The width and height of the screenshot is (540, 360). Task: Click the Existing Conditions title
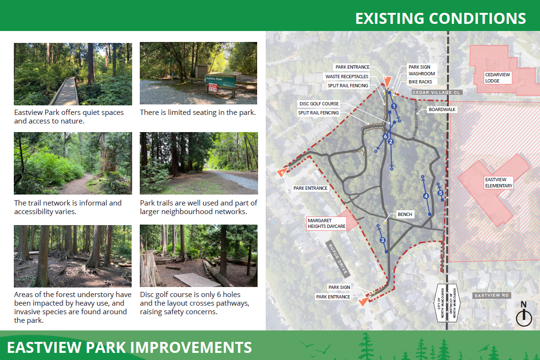(440, 18)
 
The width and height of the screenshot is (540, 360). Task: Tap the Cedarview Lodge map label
(498, 78)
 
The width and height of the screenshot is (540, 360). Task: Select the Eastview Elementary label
(498, 183)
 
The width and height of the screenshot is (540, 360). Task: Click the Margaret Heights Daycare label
(326, 223)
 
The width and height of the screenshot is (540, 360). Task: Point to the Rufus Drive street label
(338, 258)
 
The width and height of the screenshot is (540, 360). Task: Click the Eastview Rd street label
(491, 295)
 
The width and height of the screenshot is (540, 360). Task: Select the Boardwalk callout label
(442, 110)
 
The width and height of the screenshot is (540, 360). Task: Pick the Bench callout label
(405, 214)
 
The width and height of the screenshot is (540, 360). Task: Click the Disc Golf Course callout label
(319, 103)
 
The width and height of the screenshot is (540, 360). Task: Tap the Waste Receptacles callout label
(347, 76)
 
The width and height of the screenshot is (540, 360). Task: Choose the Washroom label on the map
(422, 73)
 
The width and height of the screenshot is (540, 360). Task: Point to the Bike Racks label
(420, 82)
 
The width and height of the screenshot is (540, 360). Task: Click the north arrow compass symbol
(524, 314)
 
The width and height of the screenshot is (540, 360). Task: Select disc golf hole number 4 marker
(426, 196)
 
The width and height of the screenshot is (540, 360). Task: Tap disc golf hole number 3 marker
(382, 240)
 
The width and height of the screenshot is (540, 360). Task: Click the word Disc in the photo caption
(146, 295)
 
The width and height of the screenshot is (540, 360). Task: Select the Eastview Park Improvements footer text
(129, 347)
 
